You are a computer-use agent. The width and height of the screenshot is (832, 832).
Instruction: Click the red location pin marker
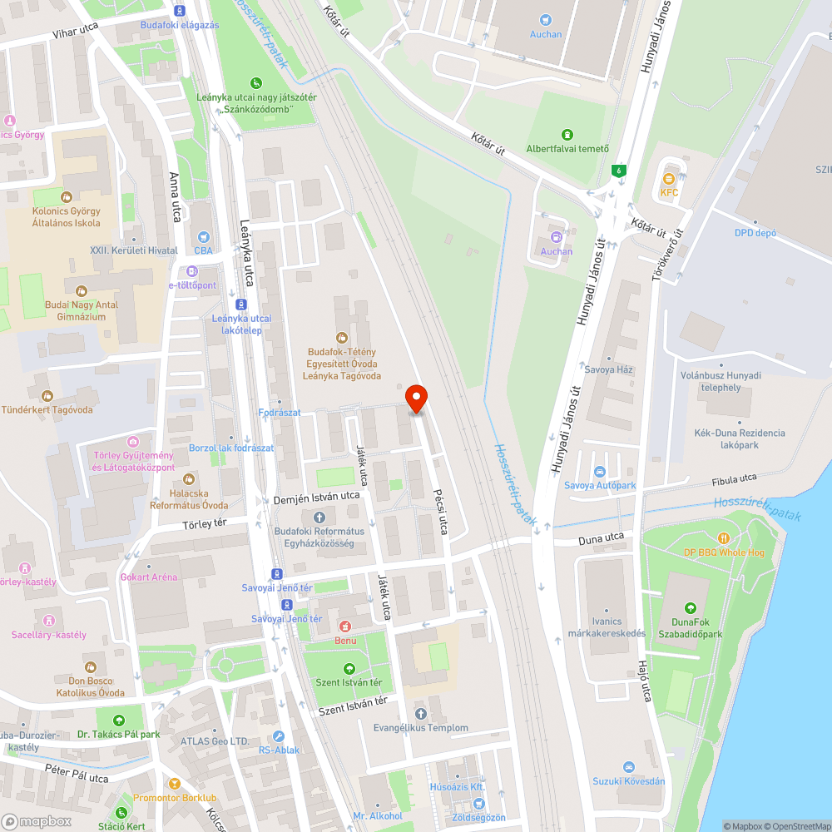tap(416, 399)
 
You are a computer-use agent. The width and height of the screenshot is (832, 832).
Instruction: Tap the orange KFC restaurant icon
tap(669, 178)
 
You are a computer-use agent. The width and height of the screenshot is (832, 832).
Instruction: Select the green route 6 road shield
tap(618, 170)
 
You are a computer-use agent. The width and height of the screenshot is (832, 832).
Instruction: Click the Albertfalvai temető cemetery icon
tap(567, 135)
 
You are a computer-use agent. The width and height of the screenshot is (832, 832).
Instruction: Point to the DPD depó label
tap(755, 233)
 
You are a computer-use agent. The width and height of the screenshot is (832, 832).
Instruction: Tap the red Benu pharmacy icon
tap(344, 626)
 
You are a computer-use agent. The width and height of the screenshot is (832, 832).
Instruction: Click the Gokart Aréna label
tap(149, 577)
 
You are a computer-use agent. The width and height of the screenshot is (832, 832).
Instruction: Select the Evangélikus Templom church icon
tap(420, 714)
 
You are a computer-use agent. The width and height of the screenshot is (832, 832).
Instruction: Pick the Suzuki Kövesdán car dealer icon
tap(629, 767)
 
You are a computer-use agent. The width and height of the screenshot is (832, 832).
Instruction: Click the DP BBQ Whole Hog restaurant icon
tap(724, 538)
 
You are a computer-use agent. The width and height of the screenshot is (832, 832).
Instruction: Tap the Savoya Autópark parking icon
tap(599, 472)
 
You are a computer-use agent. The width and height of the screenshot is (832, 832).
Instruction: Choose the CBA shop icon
tap(203, 236)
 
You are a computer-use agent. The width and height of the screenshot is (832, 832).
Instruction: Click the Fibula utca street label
tap(734, 478)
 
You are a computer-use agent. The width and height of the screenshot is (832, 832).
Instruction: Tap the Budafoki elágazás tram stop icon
tap(180, 11)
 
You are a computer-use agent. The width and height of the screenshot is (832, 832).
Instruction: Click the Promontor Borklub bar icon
tap(174, 784)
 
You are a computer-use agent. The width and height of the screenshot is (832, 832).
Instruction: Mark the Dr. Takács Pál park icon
tap(118, 721)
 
